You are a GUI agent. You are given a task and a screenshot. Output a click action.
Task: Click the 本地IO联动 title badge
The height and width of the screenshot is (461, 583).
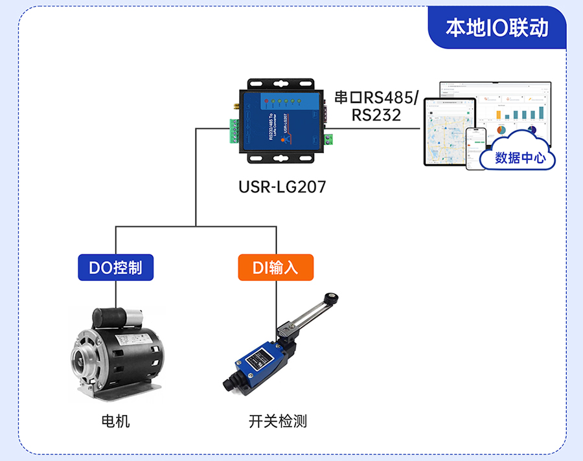tap(497, 28)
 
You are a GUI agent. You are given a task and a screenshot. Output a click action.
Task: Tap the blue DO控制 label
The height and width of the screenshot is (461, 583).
tap(116, 267)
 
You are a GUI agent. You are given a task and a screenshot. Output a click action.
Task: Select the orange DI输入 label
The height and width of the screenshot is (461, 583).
tap(275, 267)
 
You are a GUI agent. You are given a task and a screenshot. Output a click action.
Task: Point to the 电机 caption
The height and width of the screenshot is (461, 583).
tap(116, 422)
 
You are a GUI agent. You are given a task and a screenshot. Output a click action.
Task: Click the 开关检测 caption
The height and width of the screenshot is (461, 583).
tap(277, 422)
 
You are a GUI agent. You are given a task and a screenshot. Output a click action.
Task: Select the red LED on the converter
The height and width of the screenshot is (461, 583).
tap(265, 102)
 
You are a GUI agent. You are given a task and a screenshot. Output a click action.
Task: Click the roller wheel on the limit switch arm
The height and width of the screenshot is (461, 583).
tap(333, 298)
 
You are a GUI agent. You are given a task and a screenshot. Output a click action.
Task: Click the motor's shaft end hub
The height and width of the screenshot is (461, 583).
tap(84, 355)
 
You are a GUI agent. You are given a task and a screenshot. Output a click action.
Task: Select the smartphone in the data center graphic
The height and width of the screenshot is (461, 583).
tap(476, 148)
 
